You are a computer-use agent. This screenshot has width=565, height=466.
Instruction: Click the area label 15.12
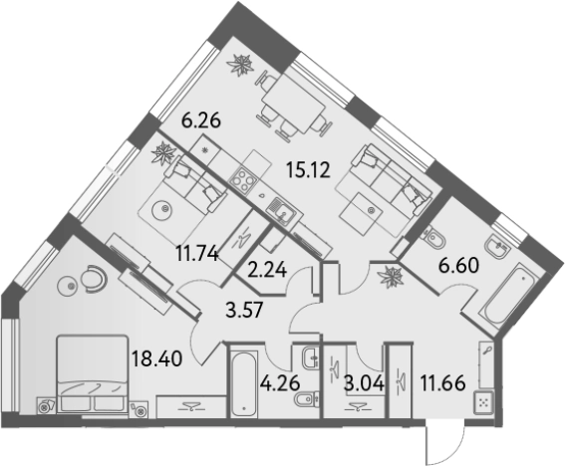309,170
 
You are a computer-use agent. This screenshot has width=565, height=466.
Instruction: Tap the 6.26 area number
201,120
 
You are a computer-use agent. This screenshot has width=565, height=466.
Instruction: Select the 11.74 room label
197,253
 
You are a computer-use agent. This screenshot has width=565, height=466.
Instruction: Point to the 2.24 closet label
268,269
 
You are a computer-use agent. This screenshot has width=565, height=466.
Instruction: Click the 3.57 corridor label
245,310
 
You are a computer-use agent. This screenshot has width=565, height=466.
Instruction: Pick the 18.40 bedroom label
157,357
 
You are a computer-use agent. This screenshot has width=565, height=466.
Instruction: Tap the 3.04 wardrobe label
363,383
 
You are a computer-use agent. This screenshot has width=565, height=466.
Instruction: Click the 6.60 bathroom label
458,266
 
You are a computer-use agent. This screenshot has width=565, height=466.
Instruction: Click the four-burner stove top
242,180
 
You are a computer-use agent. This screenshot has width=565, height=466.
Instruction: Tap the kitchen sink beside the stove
281,211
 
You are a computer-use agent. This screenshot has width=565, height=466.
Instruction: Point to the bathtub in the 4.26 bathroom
244,380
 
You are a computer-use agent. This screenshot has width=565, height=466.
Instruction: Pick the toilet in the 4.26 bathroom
306,398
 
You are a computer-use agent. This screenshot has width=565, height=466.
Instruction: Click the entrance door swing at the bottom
444,441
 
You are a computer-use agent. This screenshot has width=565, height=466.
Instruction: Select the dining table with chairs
293,104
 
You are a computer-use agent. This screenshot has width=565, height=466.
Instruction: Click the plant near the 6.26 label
240,65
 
